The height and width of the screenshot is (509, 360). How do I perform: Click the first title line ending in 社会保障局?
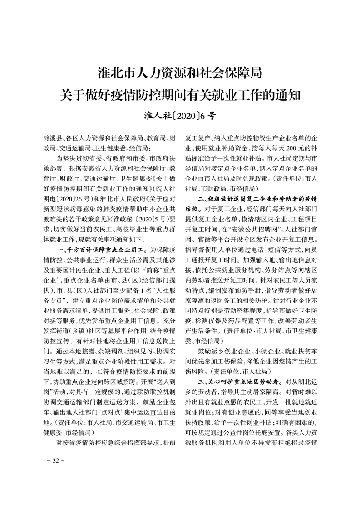point(180,73)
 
